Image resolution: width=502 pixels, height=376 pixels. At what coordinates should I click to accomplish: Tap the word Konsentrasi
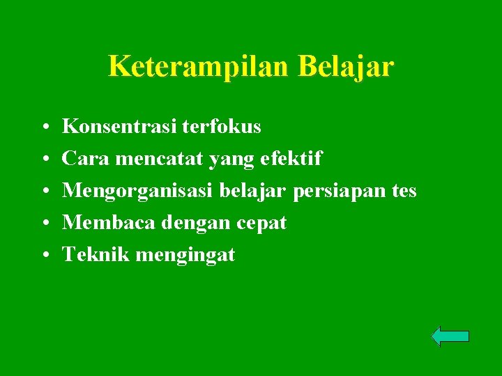[x=119, y=127]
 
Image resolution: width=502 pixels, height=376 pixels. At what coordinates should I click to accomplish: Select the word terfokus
[x=222, y=127]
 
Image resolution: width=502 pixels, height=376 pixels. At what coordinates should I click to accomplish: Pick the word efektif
[x=291, y=159]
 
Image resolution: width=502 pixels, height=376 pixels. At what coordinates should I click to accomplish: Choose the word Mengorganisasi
[x=137, y=191]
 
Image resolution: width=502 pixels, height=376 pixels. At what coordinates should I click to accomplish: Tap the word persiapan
[x=339, y=191]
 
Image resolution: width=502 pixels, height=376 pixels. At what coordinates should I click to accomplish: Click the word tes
[x=403, y=191]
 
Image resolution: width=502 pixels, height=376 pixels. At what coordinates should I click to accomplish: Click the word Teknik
[x=96, y=255]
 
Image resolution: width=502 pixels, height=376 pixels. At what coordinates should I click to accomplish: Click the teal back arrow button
[x=450, y=336]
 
